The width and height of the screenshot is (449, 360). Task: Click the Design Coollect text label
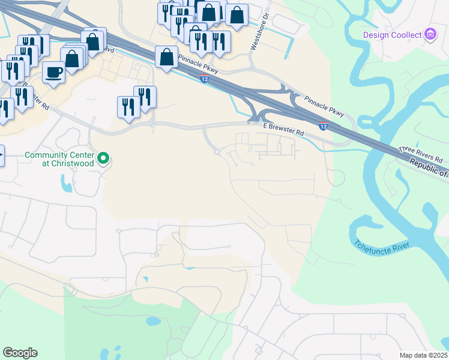tap(393, 35)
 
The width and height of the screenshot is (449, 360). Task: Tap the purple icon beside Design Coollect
tap(430, 35)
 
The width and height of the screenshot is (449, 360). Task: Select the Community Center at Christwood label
tap(59, 159)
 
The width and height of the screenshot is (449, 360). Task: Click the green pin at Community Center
tap(104, 159)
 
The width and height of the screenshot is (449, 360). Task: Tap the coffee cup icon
tap(53, 72)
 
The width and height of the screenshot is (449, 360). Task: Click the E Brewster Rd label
tap(284, 130)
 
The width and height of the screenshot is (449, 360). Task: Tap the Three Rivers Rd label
tap(420, 155)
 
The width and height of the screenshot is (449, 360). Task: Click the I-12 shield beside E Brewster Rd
tap(323, 126)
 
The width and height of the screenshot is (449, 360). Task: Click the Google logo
tap(20, 353)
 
